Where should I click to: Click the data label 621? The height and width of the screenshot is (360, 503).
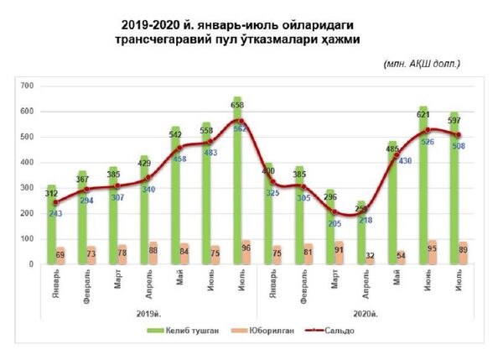[423, 111]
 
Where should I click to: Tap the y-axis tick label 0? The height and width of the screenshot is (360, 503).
[30, 264]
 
